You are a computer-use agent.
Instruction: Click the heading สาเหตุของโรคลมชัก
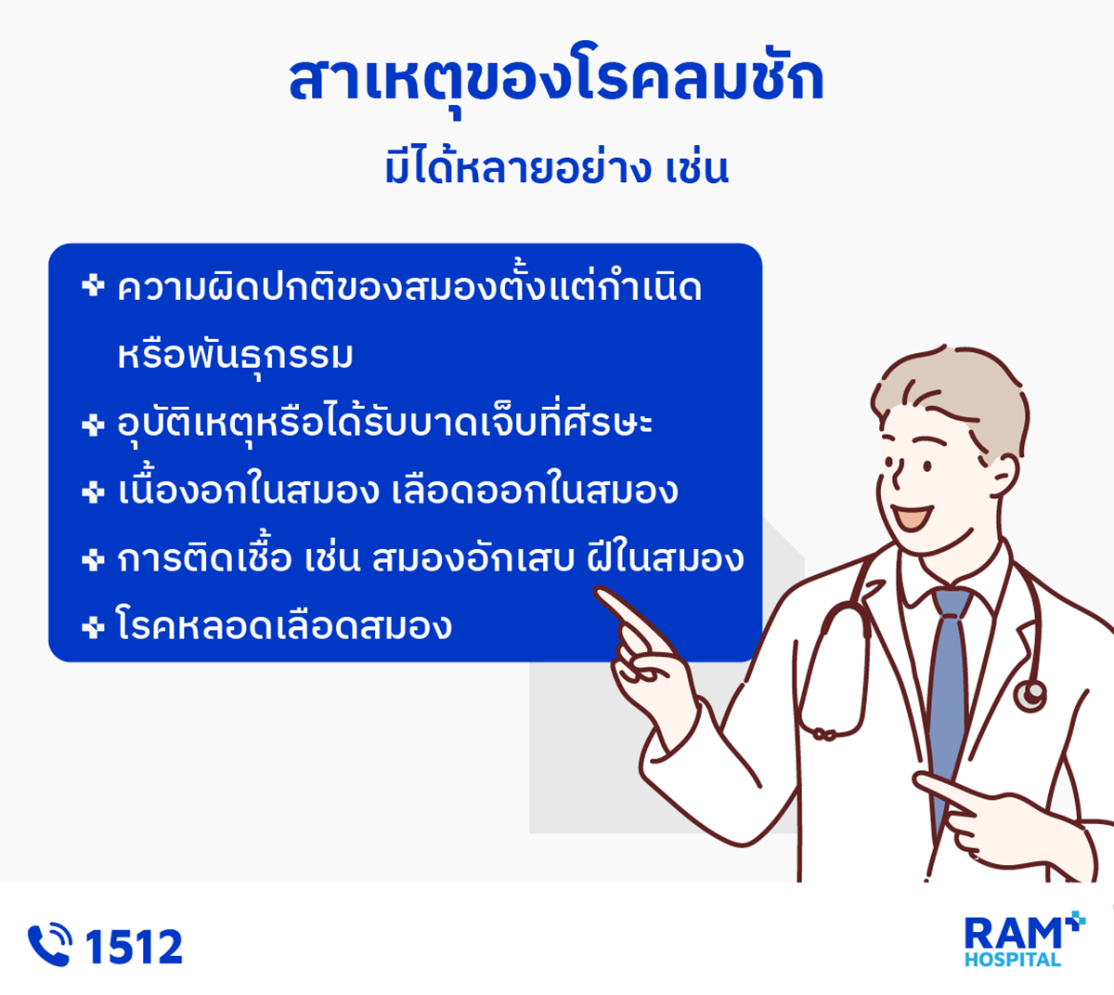[x=556, y=80]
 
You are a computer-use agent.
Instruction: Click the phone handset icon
[x=50, y=945]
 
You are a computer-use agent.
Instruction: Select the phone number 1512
[x=135, y=947]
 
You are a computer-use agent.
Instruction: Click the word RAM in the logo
[x=1013, y=934]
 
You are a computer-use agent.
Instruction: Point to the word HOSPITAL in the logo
[x=1013, y=960]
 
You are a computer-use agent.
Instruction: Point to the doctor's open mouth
[x=913, y=517]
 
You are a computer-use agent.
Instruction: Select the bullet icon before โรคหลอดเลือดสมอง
[x=93, y=628]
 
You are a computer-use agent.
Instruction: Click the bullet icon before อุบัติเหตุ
[x=93, y=425]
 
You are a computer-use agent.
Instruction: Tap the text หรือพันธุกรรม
[x=236, y=356]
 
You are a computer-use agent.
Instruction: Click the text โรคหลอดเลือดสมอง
[x=284, y=626]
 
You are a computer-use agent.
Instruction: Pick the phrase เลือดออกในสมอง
[x=535, y=490]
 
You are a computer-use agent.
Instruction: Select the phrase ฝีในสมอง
[x=666, y=556]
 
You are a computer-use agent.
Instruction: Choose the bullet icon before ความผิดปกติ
[x=93, y=285]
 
